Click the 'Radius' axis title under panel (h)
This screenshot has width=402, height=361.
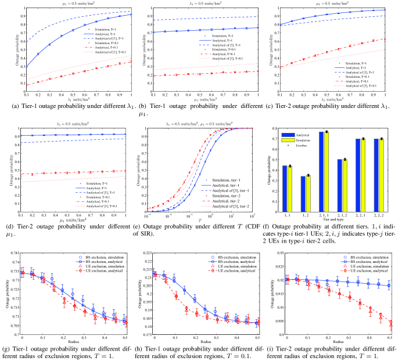pyautogui.click(x=200, y=342)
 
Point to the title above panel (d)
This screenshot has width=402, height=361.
pyautogui.click(x=68, y=124)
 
